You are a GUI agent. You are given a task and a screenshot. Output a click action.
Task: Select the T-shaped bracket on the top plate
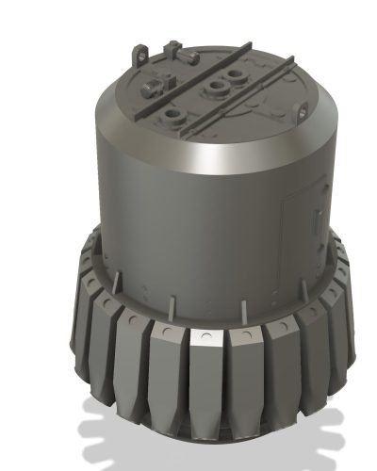[171, 51]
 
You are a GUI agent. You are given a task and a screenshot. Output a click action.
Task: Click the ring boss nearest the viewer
[172, 116]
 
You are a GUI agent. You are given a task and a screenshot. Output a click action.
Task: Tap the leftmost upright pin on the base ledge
[116, 284]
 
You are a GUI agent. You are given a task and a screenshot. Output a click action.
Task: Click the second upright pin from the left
[172, 305]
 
